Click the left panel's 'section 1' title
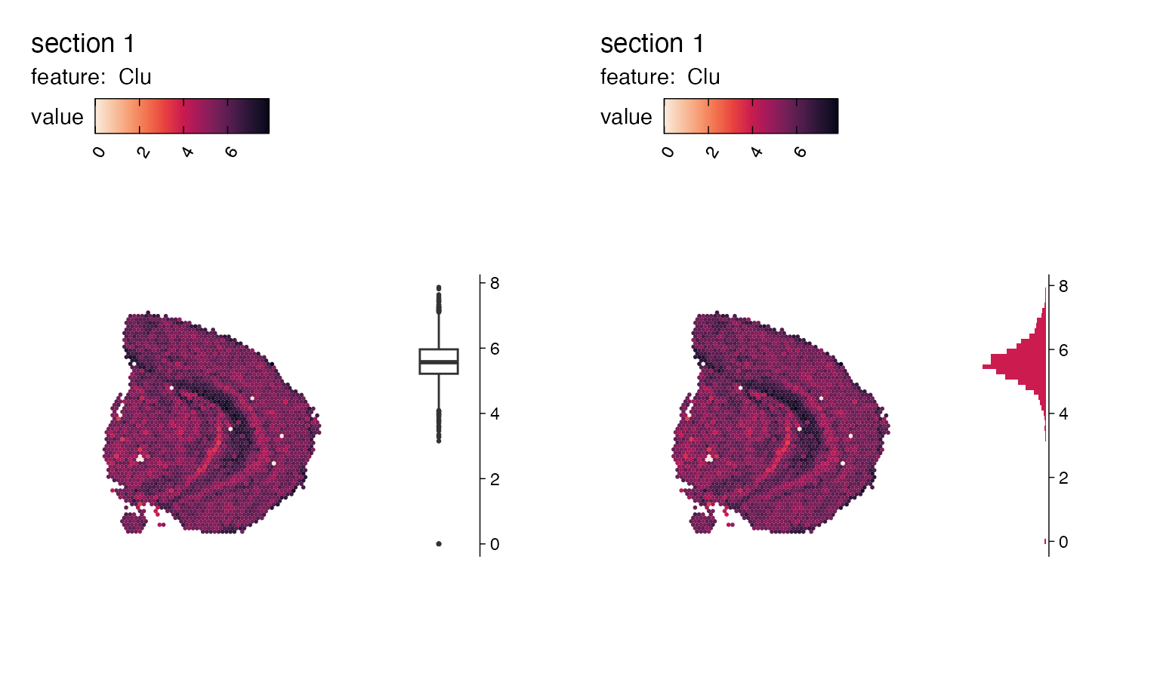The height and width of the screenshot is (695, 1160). pos(82,44)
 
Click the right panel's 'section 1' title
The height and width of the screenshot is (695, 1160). pos(652,44)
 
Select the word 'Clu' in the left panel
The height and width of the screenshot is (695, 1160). pos(134,77)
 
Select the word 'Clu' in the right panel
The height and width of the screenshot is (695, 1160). pos(703,77)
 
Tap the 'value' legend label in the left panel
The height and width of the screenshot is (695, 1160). pos(57,117)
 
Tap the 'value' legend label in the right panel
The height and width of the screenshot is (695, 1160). pos(625,117)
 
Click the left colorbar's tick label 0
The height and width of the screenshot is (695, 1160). pos(99,152)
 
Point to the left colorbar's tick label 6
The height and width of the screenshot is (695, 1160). pos(231,152)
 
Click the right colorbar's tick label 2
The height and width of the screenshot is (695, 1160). pos(712,152)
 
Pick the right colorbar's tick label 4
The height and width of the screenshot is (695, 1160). pos(756,152)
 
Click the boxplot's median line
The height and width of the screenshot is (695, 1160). pos(438,362)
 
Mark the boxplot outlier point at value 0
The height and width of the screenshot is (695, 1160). pos(439,543)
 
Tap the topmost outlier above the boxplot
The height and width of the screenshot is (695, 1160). pos(439,288)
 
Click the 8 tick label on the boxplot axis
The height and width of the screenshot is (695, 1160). pos(495,283)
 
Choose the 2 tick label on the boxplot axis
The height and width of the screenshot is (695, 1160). pos(495,479)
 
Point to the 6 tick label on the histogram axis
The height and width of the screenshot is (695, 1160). pos(1063,350)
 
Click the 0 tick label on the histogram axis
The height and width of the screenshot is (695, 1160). pos(1063,542)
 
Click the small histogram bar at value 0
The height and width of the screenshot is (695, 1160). pos(1045,541)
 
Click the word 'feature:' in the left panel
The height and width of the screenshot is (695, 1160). pos(68,77)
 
